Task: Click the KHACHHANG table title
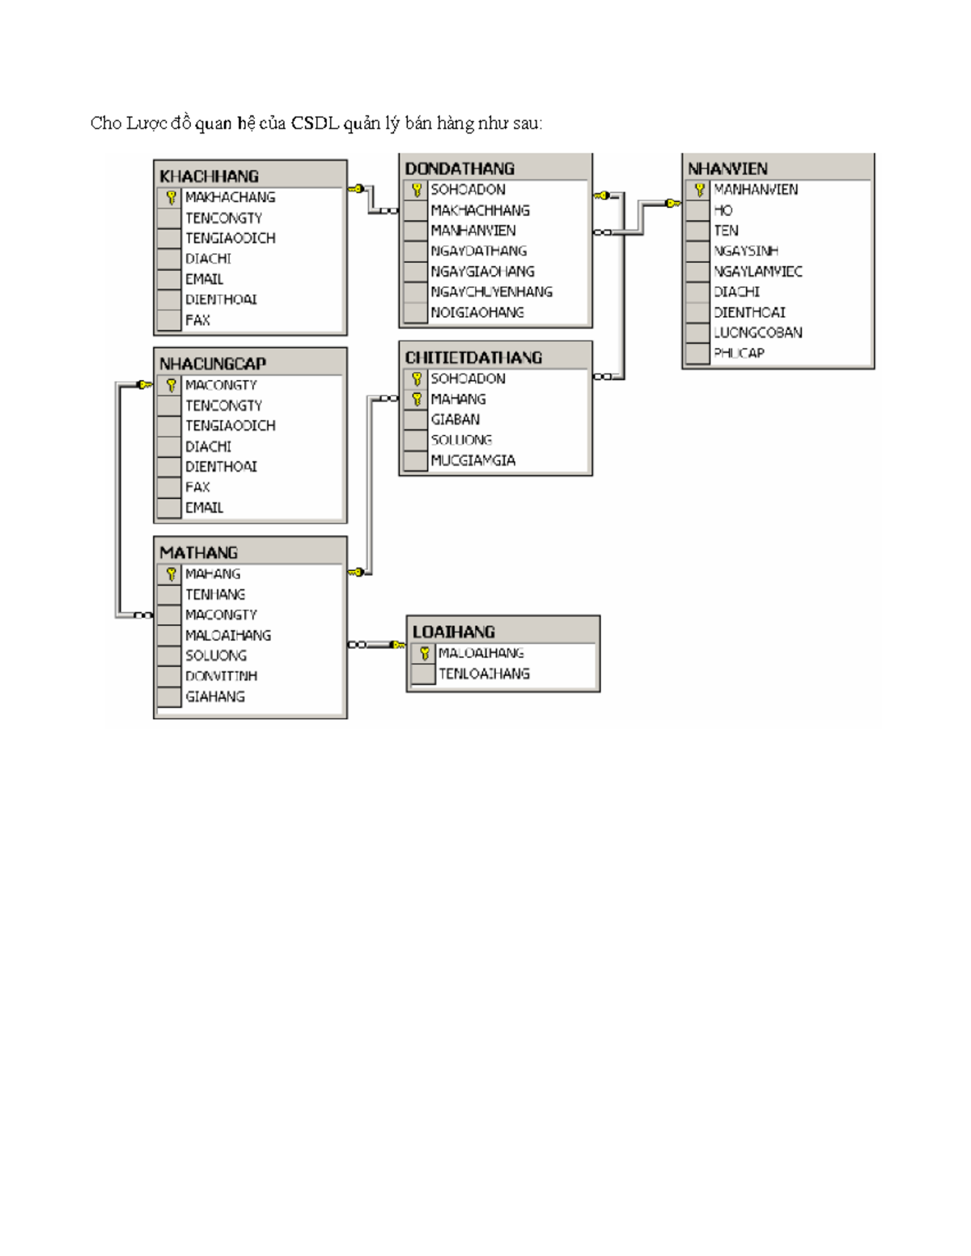pyautogui.click(x=209, y=176)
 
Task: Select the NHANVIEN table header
pyautogui.click(x=727, y=168)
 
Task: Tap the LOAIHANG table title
pyautogui.click(x=453, y=632)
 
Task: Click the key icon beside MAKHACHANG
pyautogui.click(x=171, y=197)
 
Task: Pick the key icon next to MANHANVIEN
pyautogui.click(x=699, y=190)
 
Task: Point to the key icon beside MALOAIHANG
pyautogui.click(x=423, y=653)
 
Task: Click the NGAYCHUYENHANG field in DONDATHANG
pyautogui.click(x=491, y=292)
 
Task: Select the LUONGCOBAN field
pyautogui.click(x=757, y=332)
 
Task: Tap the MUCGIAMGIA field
pyautogui.click(x=473, y=461)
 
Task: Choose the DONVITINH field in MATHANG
pyautogui.click(x=221, y=676)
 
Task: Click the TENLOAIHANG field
pyautogui.click(x=484, y=674)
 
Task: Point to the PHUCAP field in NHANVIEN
pyautogui.click(x=739, y=353)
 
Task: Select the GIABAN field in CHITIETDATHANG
pyautogui.click(x=455, y=420)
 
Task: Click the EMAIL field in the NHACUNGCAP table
pyautogui.click(x=204, y=508)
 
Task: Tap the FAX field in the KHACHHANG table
pyautogui.click(x=197, y=320)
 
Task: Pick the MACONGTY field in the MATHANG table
pyautogui.click(x=221, y=615)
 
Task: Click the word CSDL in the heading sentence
pyautogui.click(x=315, y=123)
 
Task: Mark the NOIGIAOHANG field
pyautogui.click(x=477, y=312)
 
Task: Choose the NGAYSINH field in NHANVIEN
pyautogui.click(x=745, y=251)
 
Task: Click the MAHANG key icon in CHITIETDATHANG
pyautogui.click(x=416, y=400)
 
